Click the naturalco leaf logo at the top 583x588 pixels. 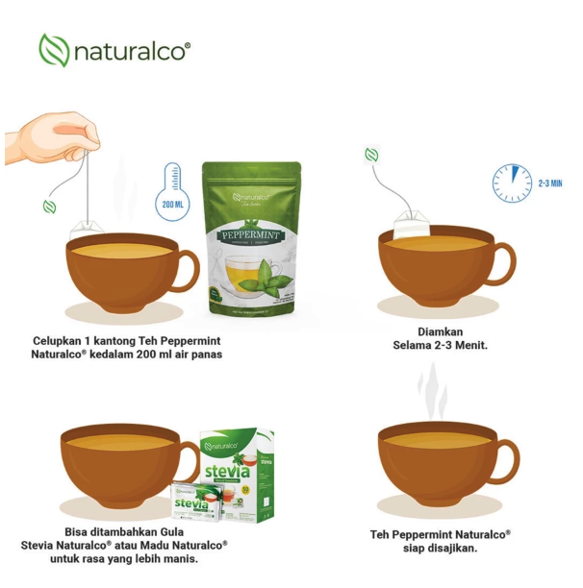[53, 50]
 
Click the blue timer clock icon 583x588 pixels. [512, 182]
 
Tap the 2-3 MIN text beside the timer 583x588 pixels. [551, 182]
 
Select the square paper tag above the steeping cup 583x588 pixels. [371, 155]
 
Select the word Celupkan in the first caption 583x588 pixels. [60, 340]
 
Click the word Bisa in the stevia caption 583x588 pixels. [81, 530]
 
